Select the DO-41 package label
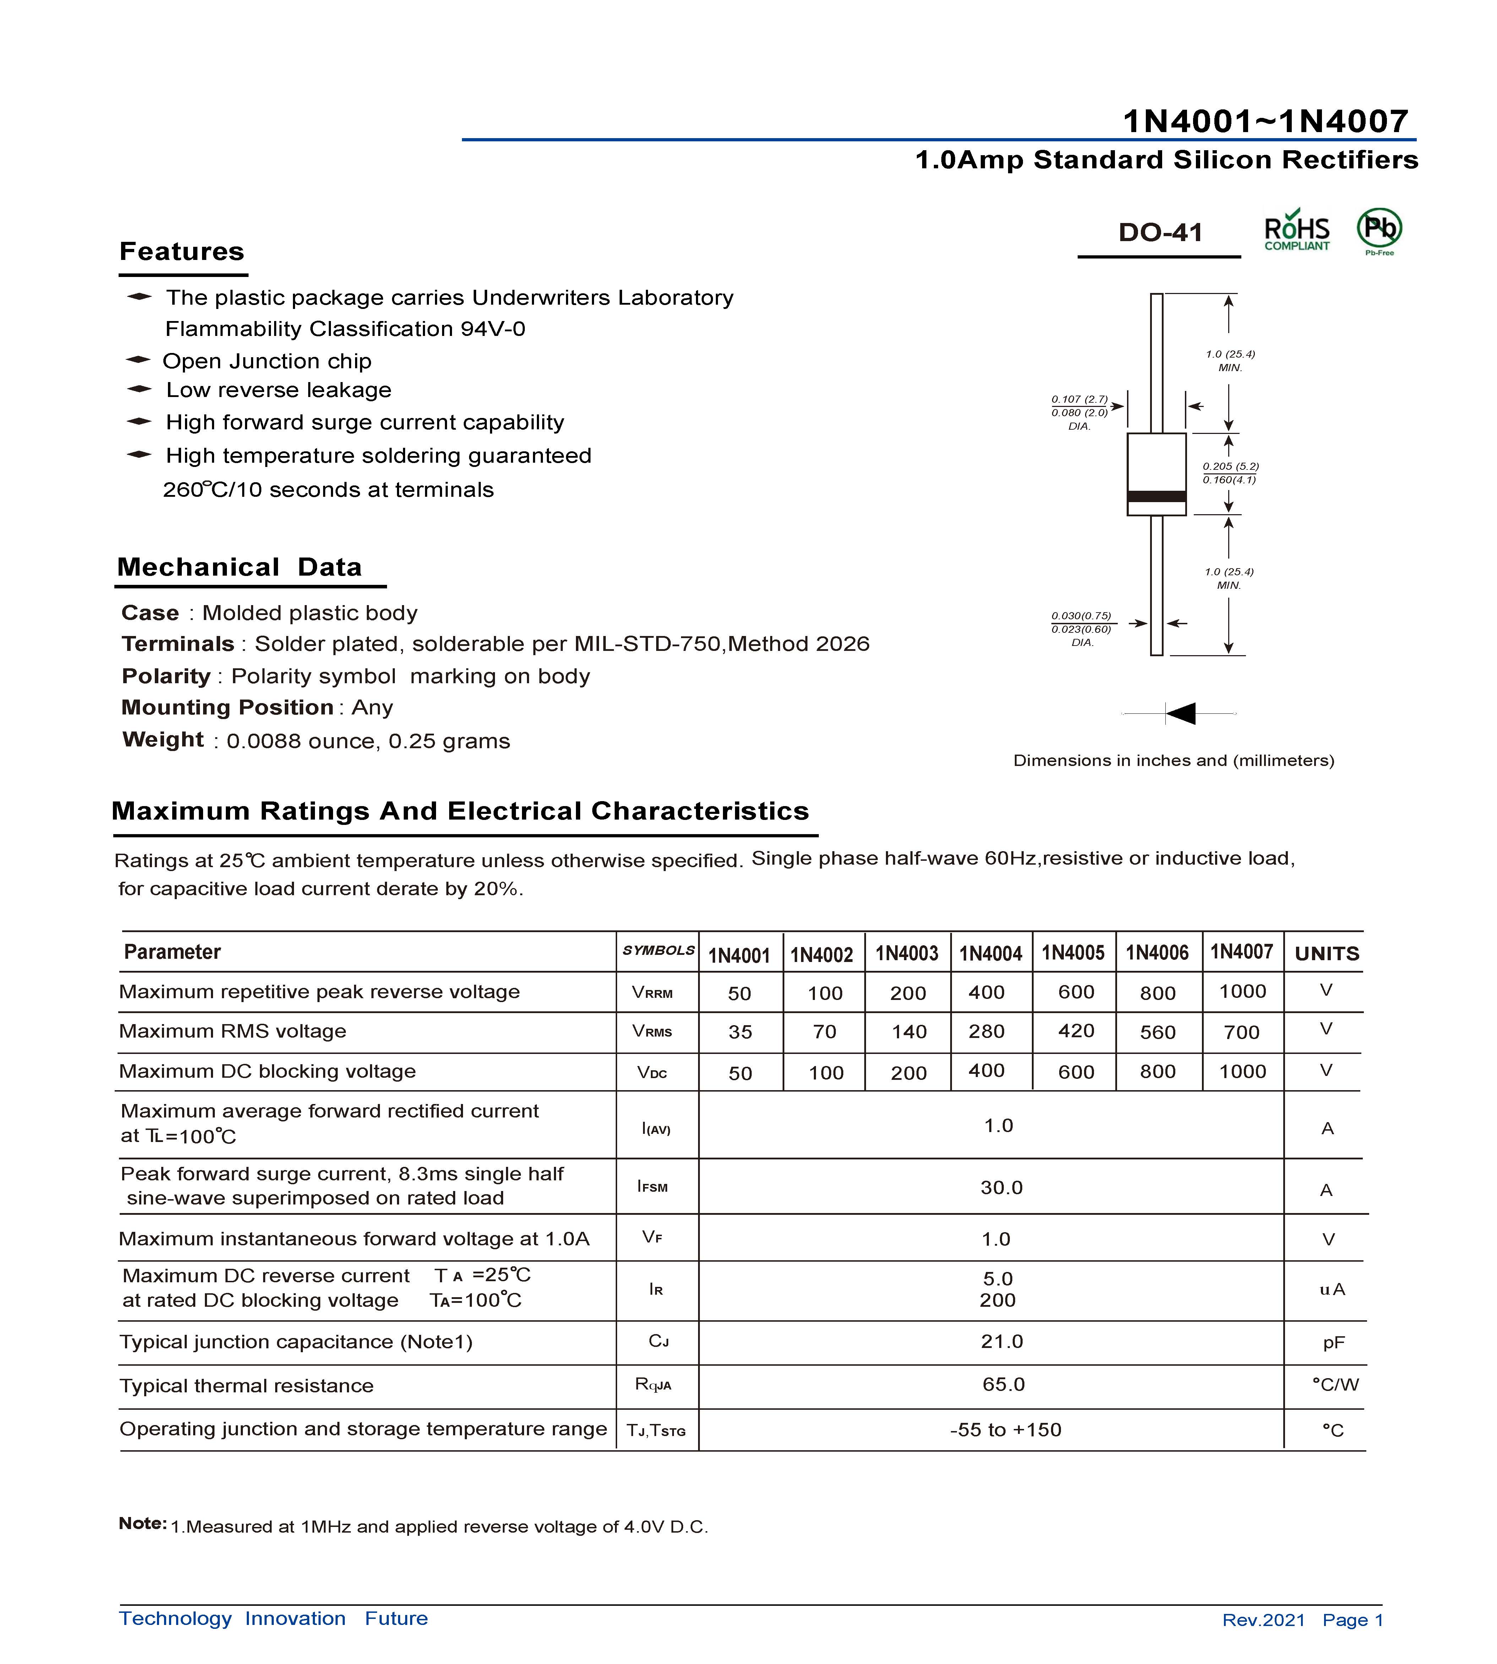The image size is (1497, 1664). (1160, 233)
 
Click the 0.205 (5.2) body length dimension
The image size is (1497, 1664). (1230, 466)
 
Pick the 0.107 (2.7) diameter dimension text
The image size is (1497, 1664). (1079, 400)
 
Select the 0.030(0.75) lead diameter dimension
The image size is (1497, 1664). (1081, 616)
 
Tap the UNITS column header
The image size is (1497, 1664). (1327, 954)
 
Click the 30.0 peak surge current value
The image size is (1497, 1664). (1001, 1188)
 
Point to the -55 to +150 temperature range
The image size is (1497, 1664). (1005, 1430)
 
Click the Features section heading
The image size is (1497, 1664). (182, 252)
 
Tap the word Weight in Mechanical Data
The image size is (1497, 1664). (163, 739)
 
